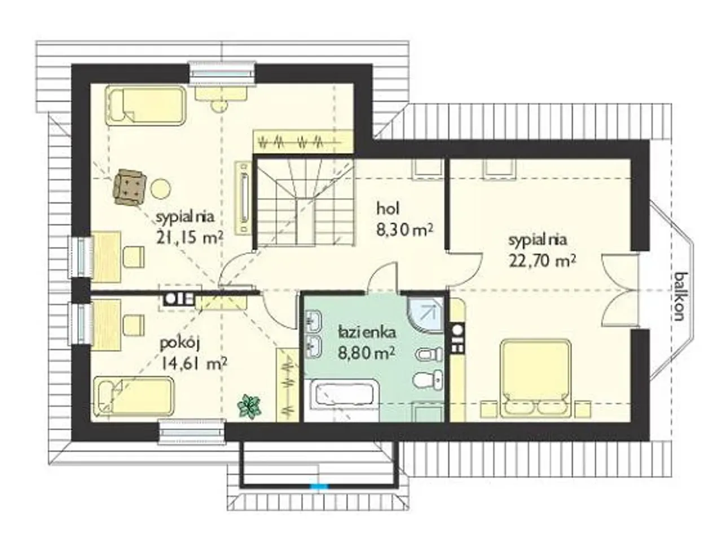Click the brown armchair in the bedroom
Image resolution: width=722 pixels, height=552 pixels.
[x=129, y=187]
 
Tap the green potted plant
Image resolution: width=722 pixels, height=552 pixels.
[x=250, y=407]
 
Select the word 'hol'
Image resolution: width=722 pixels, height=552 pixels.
[x=388, y=209]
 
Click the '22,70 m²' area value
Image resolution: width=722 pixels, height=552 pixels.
[x=543, y=262]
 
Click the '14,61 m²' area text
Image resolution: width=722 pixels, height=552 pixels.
[x=193, y=364]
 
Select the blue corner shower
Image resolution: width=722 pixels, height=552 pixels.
[x=425, y=315]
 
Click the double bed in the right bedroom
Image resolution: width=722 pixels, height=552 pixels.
[x=535, y=379]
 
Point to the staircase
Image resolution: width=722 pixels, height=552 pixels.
[x=305, y=202]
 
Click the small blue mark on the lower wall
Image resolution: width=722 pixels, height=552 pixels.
[x=319, y=486]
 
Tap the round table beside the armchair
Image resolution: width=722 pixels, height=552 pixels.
[x=161, y=188]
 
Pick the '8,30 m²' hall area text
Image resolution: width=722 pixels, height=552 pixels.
[x=404, y=230]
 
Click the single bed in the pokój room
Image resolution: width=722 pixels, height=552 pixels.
[x=133, y=397]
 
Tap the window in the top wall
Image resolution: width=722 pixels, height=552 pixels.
[x=222, y=73]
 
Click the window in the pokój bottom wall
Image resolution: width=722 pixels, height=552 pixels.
[x=191, y=432]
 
